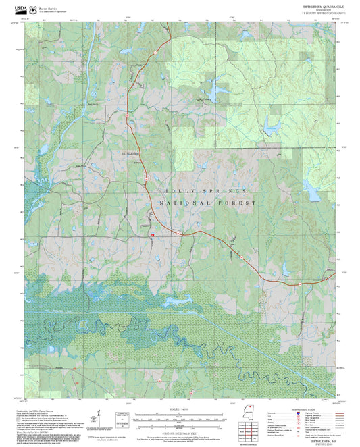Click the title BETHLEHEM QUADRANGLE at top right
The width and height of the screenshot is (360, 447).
[319, 5]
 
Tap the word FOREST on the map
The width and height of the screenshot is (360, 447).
[238, 203]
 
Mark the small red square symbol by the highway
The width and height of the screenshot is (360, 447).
[153, 235]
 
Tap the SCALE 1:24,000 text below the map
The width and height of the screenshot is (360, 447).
[178, 409]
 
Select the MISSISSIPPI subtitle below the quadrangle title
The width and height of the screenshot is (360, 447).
[319, 9]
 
